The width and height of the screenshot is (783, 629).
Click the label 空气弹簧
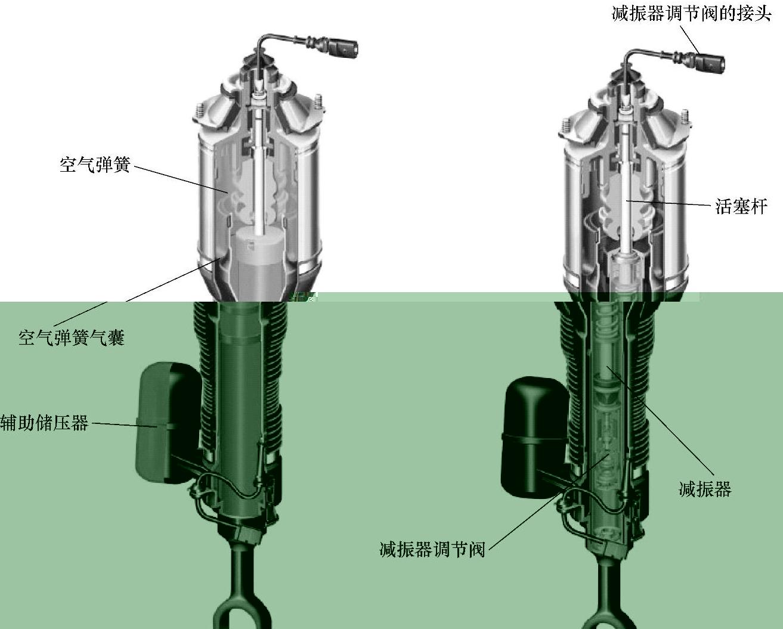pos(95,165)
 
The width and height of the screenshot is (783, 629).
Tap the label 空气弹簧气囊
pos(72,337)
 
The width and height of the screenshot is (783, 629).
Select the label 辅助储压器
pos(44,422)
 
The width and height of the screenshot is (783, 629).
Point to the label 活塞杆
pos(741,206)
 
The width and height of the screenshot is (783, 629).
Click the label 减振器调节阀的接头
pos(692,14)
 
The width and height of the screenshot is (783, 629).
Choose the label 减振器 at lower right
pos(705,489)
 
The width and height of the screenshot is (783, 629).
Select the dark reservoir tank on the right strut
pos(535,437)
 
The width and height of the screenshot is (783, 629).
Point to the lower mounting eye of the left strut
pos(242,614)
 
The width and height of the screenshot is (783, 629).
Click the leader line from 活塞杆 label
pos(669,203)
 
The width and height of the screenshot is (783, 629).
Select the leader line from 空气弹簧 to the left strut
pos(181,179)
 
